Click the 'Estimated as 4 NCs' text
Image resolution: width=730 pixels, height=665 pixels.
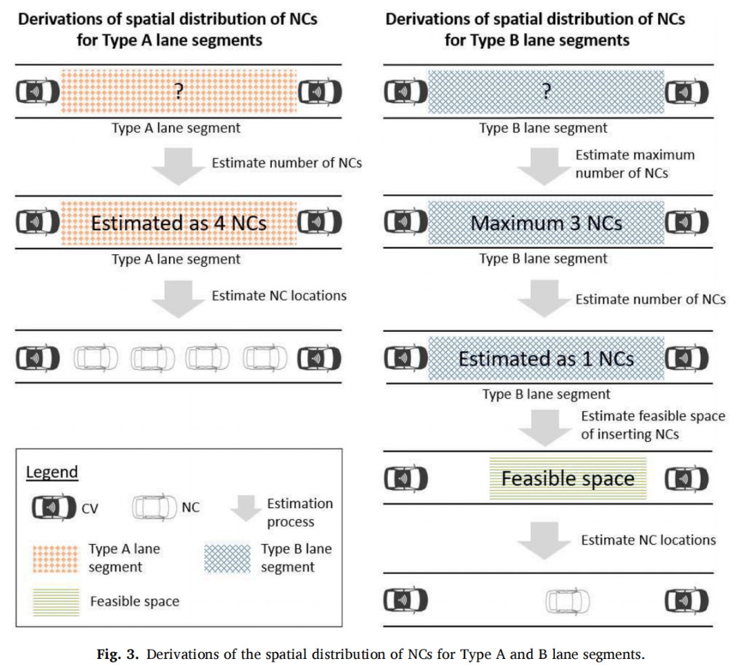[x=178, y=223]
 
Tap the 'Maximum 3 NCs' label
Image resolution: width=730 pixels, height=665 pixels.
[x=546, y=224]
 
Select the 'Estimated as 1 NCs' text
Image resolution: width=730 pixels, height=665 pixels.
[x=546, y=359]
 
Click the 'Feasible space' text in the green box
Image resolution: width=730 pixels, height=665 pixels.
[x=568, y=479]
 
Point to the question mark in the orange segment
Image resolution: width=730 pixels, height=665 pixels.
[x=178, y=91]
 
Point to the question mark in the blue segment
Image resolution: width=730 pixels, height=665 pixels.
[x=547, y=91]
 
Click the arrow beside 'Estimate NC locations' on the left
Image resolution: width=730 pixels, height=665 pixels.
[x=178, y=299]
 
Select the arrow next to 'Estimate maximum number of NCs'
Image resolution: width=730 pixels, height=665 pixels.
[x=544, y=167]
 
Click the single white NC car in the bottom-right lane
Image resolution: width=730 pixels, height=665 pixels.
[x=568, y=601]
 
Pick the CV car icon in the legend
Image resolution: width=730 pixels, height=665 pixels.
[x=54, y=508]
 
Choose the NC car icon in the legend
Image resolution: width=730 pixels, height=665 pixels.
[x=155, y=508]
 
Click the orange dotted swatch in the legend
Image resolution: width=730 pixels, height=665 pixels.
[x=56, y=558]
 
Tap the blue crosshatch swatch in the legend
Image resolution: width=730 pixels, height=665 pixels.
[x=227, y=558]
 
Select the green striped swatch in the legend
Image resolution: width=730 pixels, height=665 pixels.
[x=56, y=601]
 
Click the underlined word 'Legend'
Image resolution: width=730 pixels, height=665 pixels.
[x=51, y=472]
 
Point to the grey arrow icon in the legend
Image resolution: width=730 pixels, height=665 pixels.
[x=246, y=508]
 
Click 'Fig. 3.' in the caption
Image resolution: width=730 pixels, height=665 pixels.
[x=118, y=654]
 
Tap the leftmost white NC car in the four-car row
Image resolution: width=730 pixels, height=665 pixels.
[x=95, y=358]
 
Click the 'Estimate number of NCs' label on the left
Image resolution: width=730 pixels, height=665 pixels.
[x=287, y=163]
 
